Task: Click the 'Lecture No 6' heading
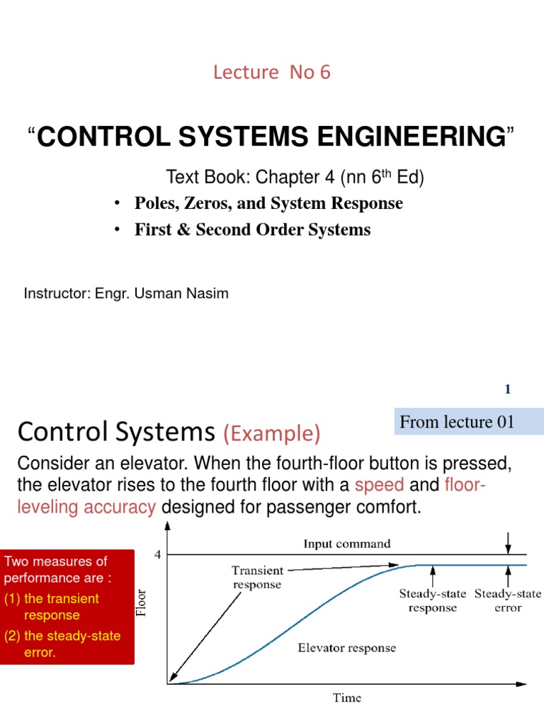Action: [x=272, y=72]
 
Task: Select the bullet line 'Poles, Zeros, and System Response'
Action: [x=268, y=204]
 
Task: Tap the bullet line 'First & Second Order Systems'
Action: [x=252, y=230]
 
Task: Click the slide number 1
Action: [x=507, y=389]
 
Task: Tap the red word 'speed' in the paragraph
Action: [x=380, y=485]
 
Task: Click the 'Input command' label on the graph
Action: [x=347, y=544]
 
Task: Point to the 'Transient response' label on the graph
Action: [x=256, y=577]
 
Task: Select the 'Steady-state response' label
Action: [x=432, y=600]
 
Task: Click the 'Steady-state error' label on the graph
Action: [x=507, y=600]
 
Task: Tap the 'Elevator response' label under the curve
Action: [x=346, y=648]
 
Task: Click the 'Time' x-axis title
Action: [x=347, y=698]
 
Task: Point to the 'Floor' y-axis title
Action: [x=142, y=602]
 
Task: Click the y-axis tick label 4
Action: [x=158, y=555]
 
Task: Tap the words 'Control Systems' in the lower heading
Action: [x=115, y=431]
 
